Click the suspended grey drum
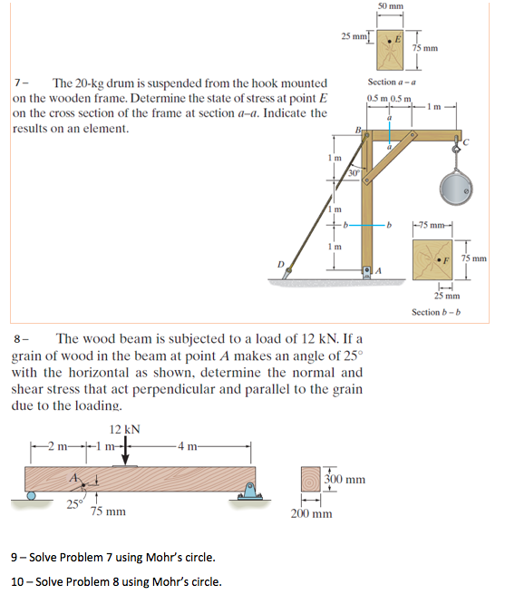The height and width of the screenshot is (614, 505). point(456,189)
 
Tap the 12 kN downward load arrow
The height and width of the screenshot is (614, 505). point(125,453)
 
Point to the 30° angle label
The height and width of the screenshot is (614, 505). point(354,173)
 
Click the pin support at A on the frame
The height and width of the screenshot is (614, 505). point(367,272)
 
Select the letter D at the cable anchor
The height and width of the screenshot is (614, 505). point(280,264)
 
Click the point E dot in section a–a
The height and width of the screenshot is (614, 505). point(390,41)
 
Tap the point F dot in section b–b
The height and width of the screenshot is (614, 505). point(439,259)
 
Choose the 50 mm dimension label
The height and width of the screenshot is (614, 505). point(390,6)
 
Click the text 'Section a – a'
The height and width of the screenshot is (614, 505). point(392,83)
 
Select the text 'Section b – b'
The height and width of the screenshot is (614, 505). point(436,312)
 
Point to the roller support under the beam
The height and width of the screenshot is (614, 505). point(31,496)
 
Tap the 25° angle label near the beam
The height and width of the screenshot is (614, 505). point(75,504)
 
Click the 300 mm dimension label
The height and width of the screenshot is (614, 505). point(345,479)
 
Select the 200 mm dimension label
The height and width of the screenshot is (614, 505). point(311,513)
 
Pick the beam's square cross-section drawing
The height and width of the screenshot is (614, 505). point(311,479)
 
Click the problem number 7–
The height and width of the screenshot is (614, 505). point(21,83)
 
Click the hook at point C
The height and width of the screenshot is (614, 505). point(456,145)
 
